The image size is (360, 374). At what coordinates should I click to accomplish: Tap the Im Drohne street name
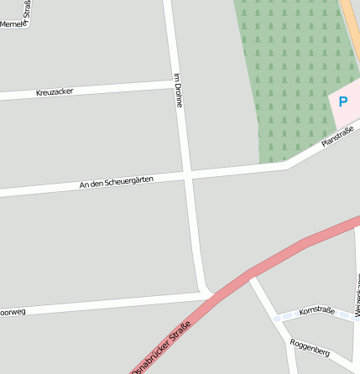178,91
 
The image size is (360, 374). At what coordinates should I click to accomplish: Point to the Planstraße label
337,136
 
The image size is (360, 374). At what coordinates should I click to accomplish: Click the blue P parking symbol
342,101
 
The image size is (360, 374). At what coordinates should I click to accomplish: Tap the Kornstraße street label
316,311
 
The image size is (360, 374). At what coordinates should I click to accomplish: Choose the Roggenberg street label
309,347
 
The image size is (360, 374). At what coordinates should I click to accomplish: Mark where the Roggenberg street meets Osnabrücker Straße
251,274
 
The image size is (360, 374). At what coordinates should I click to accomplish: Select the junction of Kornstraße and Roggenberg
275,318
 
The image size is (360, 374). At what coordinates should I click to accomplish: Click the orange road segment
350,25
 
